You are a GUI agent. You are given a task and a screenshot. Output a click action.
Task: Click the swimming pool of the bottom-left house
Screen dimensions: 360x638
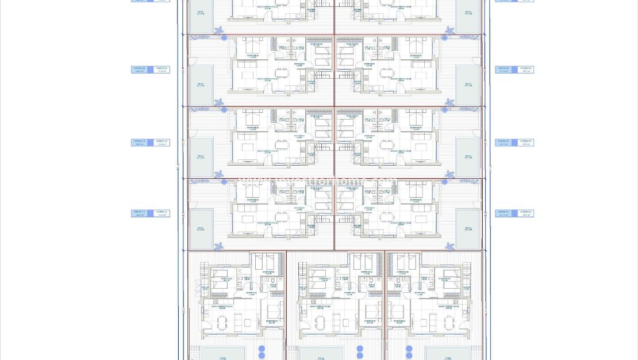[x=222, y=353]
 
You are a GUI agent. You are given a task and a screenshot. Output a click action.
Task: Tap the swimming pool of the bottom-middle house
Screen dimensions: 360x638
[x=321, y=353]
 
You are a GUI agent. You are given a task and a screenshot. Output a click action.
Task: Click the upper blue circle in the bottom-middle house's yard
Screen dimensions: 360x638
[x=360, y=348]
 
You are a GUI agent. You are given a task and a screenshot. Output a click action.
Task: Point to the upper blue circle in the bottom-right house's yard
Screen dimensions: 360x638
[x=409, y=348]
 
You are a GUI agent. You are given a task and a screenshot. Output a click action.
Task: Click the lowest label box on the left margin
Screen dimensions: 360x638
[x=151, y=213]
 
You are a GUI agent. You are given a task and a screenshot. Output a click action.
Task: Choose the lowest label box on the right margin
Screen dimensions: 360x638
[x=514, y=213]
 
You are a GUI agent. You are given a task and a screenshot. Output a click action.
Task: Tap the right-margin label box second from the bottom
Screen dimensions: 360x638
[x=514, y=142]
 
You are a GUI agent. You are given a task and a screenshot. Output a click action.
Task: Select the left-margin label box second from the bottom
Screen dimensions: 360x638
[x=151, y=142]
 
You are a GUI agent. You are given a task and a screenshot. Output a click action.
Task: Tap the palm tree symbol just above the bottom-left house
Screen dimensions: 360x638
[x=220, y=246]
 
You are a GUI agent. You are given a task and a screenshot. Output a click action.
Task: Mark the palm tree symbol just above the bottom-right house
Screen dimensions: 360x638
[x=449, y=246]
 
